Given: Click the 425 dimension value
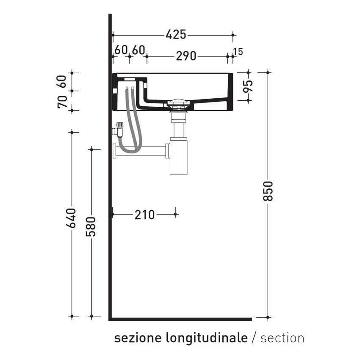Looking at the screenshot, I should pyautogui.click(x=176, y=35).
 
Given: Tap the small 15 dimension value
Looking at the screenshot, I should pyautogui.click(x=238, y=52).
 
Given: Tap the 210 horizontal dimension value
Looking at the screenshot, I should pyautogui.click(x=145, y=215).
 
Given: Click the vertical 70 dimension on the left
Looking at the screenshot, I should pyautogui.click(x=62, y=102).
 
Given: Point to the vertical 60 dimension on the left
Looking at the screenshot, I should pyautogui.click(x=62, y=81).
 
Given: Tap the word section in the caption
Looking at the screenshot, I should pyautogui.click(x=282, y=338).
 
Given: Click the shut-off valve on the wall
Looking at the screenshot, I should pyautogui.click(x=119, y=129).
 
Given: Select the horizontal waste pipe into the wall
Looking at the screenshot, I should pyautogui.click(x=140, y=150).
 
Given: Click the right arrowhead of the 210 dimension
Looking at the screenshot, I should pyautogui.click(x=175, y=214).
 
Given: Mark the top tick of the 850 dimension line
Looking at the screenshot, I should pyautogui.click(x=268, y=72).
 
